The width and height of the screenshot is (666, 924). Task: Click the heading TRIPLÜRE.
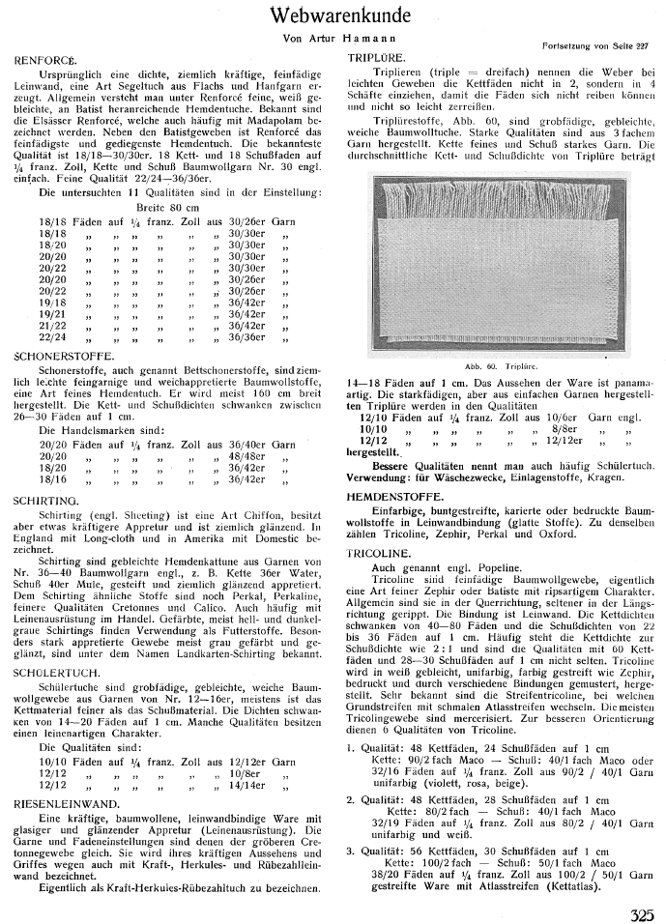click(371, 60)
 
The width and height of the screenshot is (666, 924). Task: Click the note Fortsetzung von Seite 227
click(590, 45)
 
